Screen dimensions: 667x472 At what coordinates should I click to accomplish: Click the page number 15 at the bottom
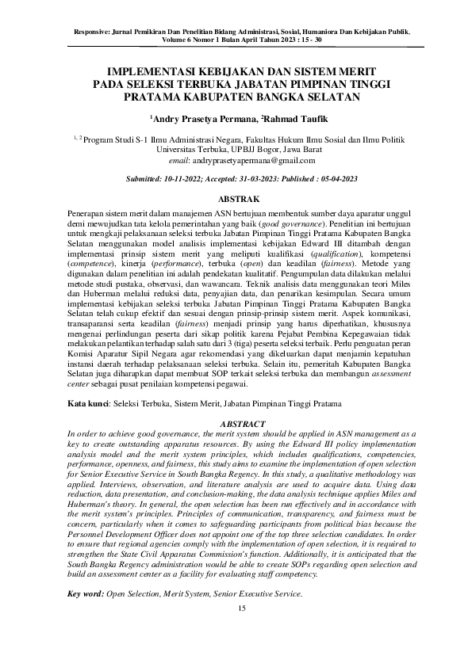tap(243, 608)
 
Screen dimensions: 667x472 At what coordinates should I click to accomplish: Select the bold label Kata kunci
tap(88, 404)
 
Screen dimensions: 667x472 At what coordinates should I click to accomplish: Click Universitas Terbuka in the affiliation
tap(193, 148)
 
